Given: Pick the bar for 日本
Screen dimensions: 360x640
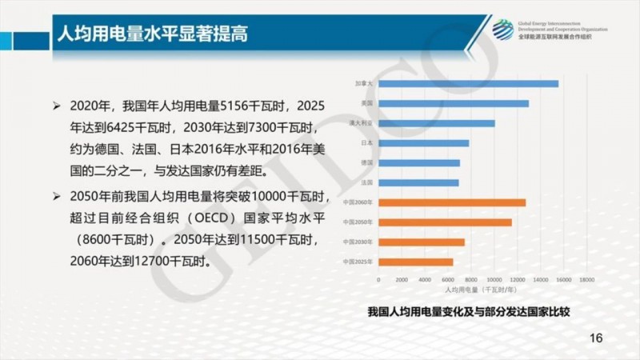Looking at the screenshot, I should [423, 143].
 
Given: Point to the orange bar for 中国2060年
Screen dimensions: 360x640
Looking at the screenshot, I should [451, 202].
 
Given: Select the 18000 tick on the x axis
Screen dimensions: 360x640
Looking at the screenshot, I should [586, 279].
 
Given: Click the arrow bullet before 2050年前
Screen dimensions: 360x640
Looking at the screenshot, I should [56, 196].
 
